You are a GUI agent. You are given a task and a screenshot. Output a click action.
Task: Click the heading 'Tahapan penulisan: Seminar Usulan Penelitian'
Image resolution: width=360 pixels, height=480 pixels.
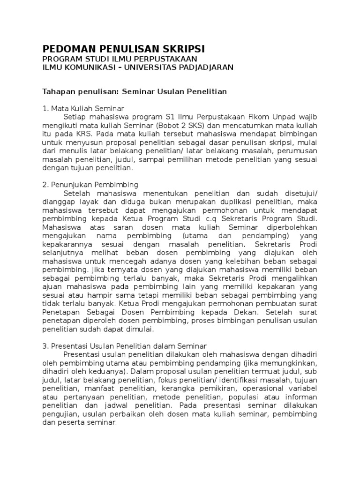click(x=135, y=91)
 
